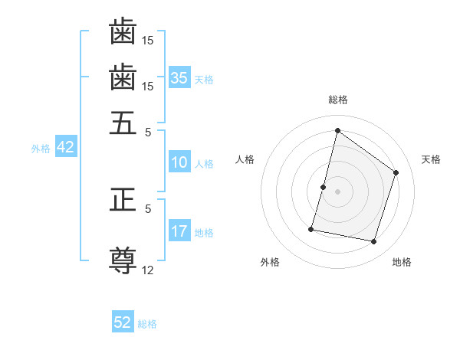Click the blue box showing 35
click(x=179, y=77)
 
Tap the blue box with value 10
click(x=179, y=162)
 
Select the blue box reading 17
click(x=179, y=231)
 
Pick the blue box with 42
click(x=65, y=147)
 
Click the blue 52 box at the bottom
click(x=123, y=322)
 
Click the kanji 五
click(x=123, y=123)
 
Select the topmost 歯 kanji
click(x=123, y=32)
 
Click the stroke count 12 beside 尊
click(x=149, y=270)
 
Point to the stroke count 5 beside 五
click(x=149, y=131)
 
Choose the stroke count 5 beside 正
click(x=149, y=208)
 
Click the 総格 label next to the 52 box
click(x=147, y=324)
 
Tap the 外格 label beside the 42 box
click(x=41, y=149)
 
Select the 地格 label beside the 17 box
click(x=204, y=233)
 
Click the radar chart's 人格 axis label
click(x=245, y=159)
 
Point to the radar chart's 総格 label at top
click(x=337, y=100)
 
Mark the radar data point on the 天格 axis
click(x=396, y=172)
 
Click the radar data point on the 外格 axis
click(x=312, y=229)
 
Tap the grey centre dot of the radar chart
click(x=337, y=191)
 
